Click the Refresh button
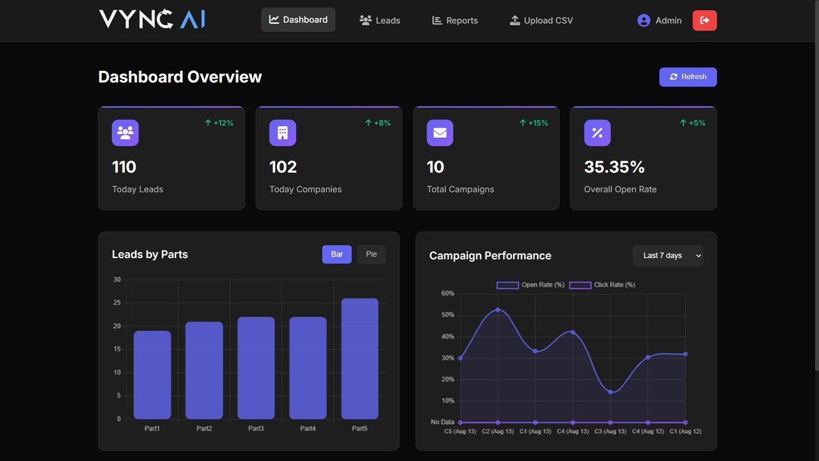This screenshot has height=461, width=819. click(687, 77)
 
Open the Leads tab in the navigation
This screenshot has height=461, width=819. click(379, 20)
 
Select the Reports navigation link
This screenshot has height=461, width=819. click(455, 20)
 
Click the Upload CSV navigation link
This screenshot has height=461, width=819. click(541, 20)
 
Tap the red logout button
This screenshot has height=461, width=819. click(704, 20)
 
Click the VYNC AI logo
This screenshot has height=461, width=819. click(152, 19)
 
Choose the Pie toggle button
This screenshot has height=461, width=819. click(371, 254)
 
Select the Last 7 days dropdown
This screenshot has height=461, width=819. click(667, 255)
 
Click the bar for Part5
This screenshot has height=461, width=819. click(360, 359)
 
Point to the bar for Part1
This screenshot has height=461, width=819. click(152, 375)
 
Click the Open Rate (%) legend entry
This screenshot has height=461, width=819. click(531, 285)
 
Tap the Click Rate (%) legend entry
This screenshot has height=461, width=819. click(603, 285)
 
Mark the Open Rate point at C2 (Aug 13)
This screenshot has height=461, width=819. click(498, 310)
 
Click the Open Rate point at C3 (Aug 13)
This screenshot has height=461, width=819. click(610, 392)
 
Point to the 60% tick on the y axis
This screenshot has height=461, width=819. click(448, 294)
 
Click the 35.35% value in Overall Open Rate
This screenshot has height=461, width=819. click(614, 167)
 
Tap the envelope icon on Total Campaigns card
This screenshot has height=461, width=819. click(440, 133)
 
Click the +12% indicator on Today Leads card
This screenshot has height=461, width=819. click(219, 123)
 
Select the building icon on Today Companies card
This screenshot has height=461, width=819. click(283, 133)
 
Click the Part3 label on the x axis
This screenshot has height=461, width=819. click(256, 429)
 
